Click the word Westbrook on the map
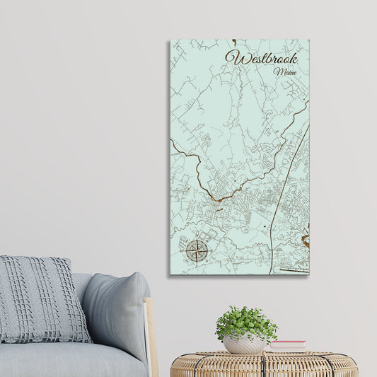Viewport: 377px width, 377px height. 261,58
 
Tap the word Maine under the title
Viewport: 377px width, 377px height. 285,71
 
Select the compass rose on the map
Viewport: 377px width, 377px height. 197,250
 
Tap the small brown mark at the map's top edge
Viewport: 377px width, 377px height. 234,42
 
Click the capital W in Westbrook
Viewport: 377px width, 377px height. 233,58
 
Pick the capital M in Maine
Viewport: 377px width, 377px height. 278,71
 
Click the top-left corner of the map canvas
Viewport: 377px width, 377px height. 170,40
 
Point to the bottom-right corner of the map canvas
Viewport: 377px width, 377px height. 309,274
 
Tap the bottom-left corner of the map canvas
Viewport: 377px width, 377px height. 170,274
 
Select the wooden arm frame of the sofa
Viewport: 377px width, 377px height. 151,332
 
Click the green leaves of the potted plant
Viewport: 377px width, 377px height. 245,322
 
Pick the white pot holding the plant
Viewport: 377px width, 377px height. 245,344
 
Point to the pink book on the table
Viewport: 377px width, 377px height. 288,344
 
